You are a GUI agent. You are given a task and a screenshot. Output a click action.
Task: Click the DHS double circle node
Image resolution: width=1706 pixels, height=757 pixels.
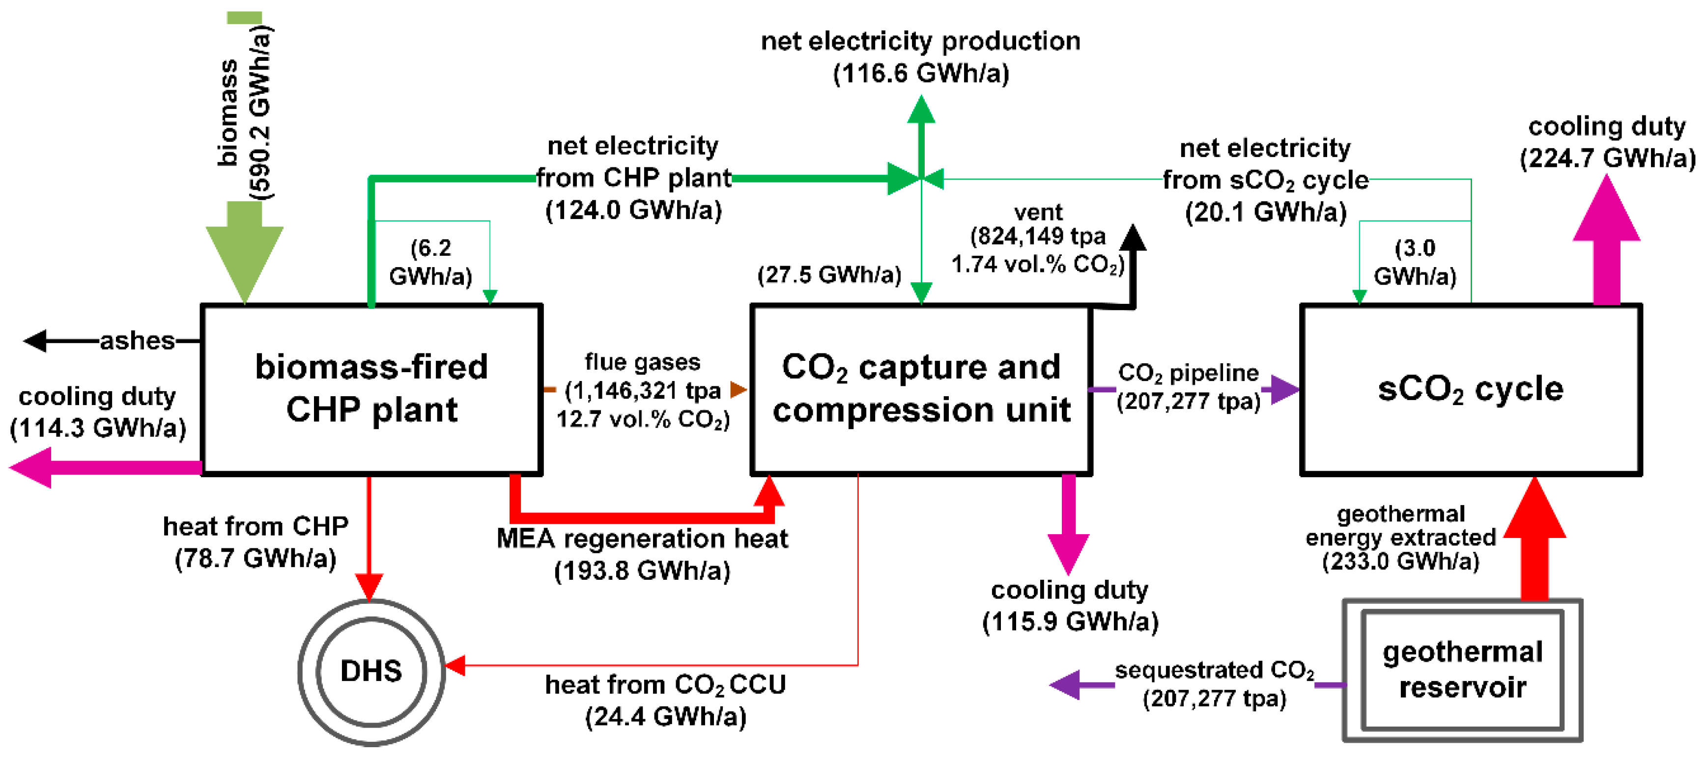pos(371,671)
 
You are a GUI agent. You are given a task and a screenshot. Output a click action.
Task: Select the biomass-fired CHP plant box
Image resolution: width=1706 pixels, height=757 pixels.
pos(371,389)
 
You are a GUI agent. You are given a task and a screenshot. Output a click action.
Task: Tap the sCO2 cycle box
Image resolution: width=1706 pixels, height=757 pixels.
pos(1470,389)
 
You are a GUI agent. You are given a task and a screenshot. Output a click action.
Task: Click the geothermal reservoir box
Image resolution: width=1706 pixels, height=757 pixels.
pos(1462,670)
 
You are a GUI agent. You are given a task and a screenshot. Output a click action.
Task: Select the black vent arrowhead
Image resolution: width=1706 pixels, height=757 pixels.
pos(1133,238)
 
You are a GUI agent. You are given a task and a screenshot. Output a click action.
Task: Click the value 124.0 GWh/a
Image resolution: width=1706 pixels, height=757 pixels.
pos(633,211)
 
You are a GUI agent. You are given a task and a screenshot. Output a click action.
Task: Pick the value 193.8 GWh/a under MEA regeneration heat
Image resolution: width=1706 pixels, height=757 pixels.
pos(642,570)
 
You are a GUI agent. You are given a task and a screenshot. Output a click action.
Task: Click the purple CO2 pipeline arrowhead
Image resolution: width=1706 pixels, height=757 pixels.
pos(1283,389)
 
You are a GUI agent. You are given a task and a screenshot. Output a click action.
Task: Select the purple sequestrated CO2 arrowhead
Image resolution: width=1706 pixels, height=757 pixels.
pos(1066,685)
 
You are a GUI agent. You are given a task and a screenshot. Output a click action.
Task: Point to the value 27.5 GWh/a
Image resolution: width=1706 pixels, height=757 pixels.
pos(829,274)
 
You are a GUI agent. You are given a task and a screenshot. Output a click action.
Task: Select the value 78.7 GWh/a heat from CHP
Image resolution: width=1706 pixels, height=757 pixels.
pos(256,559)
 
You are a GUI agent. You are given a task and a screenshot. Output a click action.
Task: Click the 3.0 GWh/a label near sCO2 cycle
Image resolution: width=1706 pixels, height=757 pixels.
pos(1415,262)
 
